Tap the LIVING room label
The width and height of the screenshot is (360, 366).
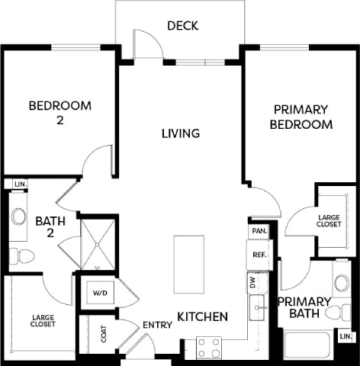(x=181, y=133)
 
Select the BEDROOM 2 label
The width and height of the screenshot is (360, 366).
(x=59, y=112)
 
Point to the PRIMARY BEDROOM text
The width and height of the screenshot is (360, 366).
(x=302, y=117)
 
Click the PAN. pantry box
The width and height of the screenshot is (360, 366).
(x=259, y=230)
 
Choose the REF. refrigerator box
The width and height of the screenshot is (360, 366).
(x=259, y=255)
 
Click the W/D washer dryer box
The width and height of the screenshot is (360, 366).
(x=100, y=293)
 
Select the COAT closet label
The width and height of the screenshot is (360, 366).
(x=104, y=335)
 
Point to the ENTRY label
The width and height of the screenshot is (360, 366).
(x=157, y=326)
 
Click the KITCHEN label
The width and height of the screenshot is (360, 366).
(x=203, y=316)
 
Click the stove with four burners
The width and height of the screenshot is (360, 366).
(x=208, y=347)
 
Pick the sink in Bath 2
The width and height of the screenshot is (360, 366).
(x=18, y=216)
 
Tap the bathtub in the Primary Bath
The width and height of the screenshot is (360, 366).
(x=307, y=344)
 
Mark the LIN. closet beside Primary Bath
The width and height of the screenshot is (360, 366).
(x=346, y=336)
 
